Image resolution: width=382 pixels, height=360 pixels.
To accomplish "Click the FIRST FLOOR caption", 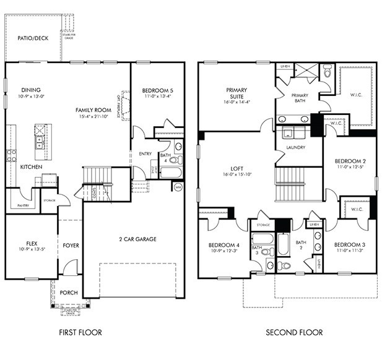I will point(80,332).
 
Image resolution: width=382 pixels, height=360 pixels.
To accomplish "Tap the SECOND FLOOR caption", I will point(294,332).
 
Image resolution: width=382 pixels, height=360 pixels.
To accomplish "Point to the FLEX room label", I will point(32,243).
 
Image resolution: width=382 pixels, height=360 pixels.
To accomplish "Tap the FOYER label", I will point(71,246).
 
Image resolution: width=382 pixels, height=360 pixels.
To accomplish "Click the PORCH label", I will point(69,293).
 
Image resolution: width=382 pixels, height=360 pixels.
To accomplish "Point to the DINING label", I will point(31,90).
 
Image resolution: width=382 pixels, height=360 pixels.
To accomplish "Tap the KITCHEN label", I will point(31,167).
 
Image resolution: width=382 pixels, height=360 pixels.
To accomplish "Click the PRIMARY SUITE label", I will point(237,94).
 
